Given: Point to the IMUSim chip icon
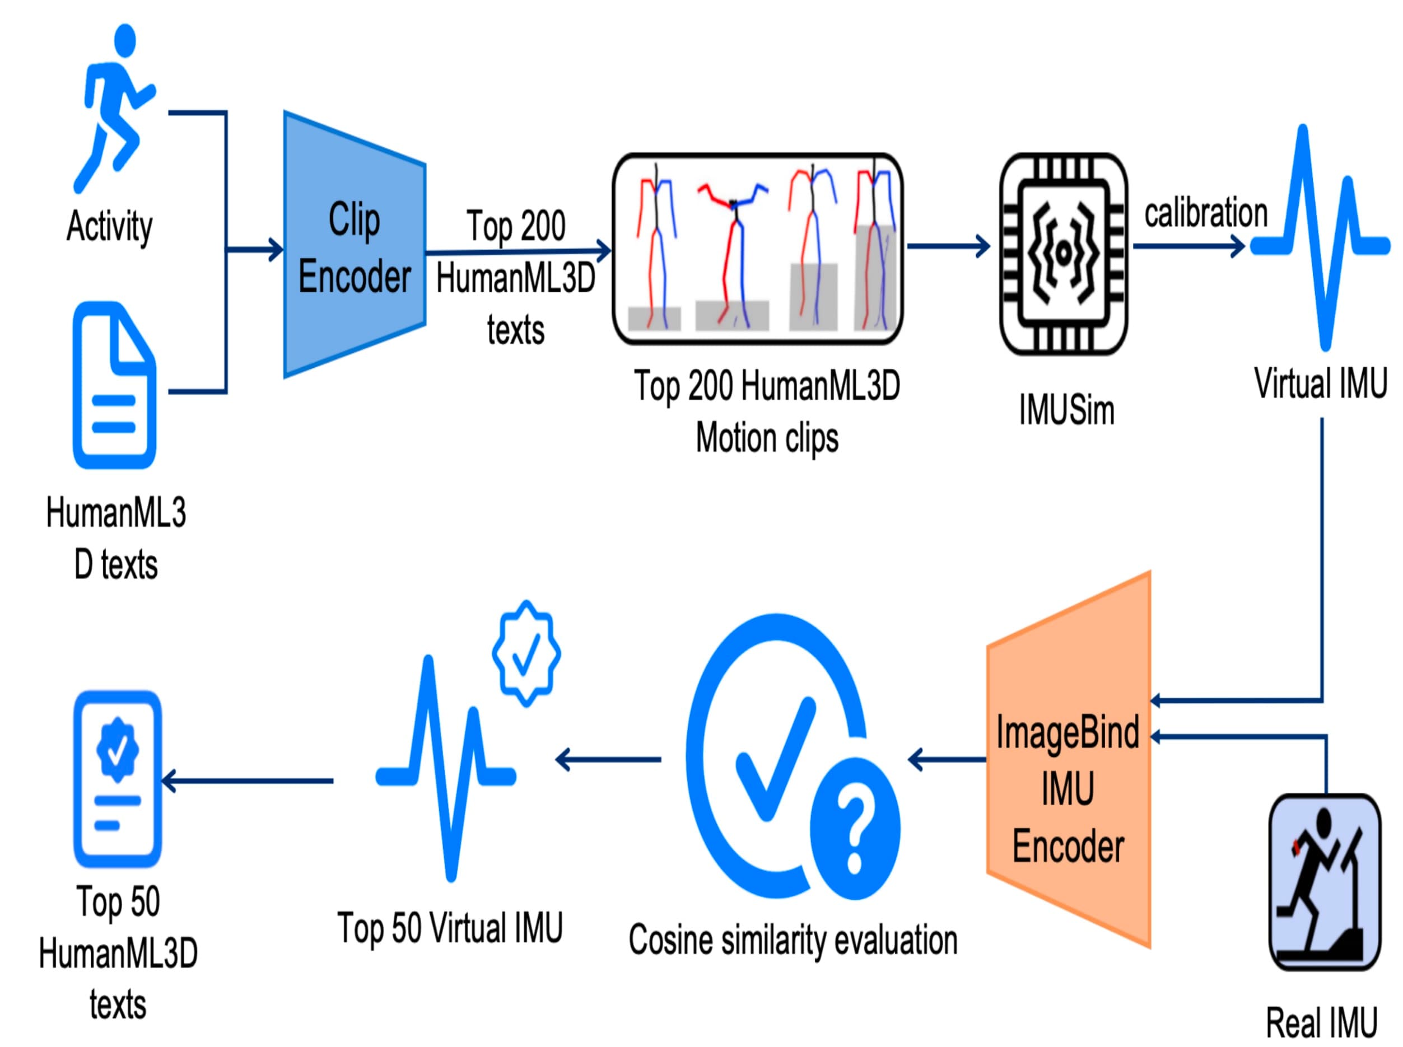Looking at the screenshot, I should click(1062, 253).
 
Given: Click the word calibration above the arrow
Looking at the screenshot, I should click(1205, 213).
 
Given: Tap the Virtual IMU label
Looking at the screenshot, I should click(1320, 383).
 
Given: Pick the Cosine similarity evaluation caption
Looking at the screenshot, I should click(792, 940).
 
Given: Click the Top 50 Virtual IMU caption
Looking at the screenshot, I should click(450, 927).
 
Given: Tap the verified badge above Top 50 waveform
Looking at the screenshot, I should click(525, 653).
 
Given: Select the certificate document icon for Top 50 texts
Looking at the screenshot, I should click(118, 779).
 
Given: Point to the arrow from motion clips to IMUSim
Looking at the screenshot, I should click(947, 246).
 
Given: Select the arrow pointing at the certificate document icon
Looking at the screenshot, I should click(247, 781).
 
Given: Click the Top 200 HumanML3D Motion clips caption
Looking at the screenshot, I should click(767, 412).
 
